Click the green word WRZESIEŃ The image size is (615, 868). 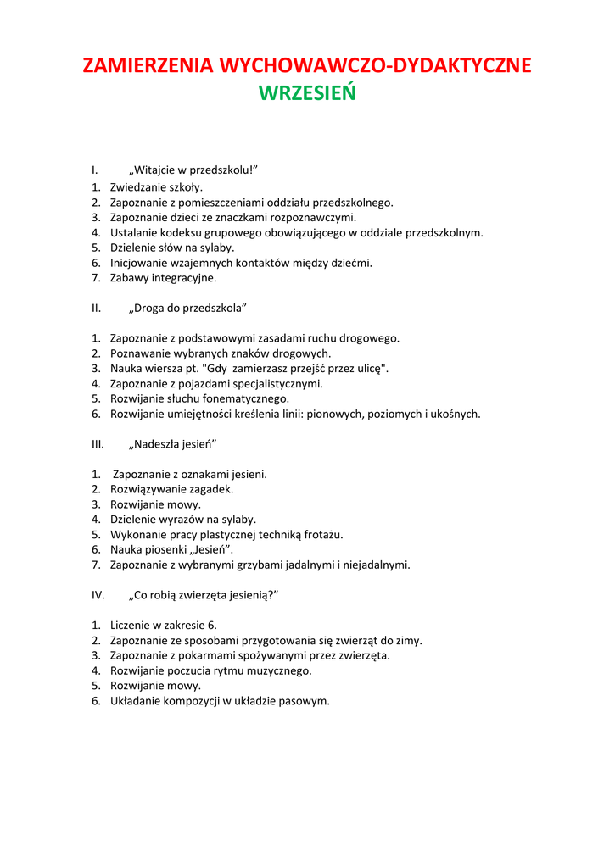point(307,93)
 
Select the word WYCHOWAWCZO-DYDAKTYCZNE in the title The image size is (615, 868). point(375,66)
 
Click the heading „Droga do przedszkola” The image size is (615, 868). point(187,308)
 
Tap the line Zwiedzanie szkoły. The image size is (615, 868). point(156,187)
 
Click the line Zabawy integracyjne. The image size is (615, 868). point(163,278)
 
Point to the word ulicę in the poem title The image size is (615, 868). point(367,369)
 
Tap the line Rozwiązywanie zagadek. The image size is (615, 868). point(171,489)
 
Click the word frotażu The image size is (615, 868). point(321,535)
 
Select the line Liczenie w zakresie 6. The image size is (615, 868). point(163,626)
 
